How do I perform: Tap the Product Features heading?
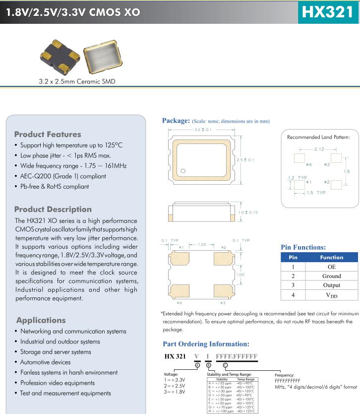[48, 135]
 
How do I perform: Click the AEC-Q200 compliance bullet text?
[63, 176]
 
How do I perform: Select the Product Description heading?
[53, 209]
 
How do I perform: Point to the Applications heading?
[41, 320]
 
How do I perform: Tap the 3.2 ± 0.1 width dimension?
[202, 130]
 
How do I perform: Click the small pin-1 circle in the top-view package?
[183, 172]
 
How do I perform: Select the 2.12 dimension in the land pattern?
[319, 148]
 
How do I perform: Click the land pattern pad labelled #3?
[337, 158]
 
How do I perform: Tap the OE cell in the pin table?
[331, 267]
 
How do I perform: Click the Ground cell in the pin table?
[331, 276]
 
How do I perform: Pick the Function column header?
[331, 257]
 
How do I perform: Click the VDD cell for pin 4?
[331, 295]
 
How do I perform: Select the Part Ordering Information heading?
[206, 344]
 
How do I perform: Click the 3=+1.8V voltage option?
[175, 392]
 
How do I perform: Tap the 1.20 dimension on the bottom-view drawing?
[202, 245]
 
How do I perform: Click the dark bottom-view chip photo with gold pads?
[59, 57]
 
